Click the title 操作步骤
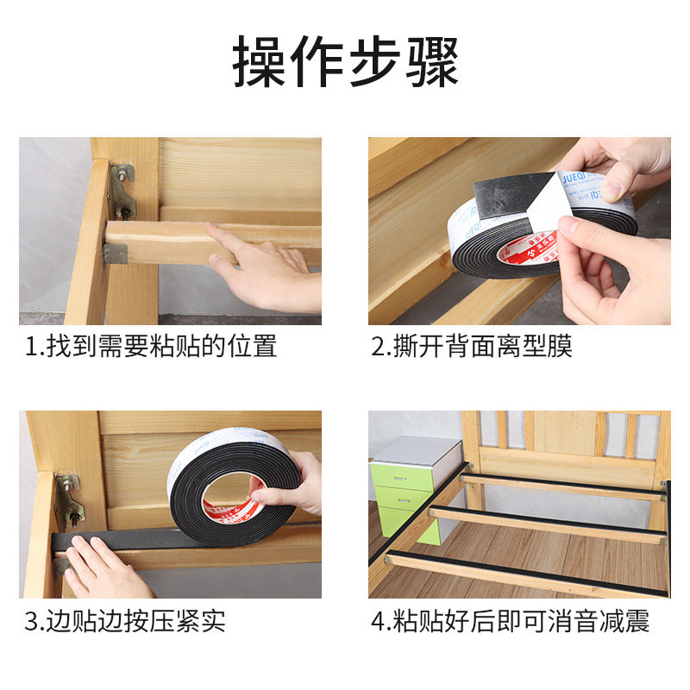tap(346, 61)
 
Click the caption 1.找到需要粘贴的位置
tap(151, 347)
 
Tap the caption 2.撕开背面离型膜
tap(471, 347)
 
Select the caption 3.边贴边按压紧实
tap(125, 621)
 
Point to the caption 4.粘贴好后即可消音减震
tap(510, 621)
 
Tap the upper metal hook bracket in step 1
tap(122, 191)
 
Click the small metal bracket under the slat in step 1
tap(115, 254)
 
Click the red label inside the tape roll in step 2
tap(529, 250)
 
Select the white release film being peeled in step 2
tap(549, 204)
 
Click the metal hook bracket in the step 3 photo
tap(68, 502)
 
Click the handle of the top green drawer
tap(399, 479)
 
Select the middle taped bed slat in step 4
tap(547, 524)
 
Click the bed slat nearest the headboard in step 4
tap(562, 486)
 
